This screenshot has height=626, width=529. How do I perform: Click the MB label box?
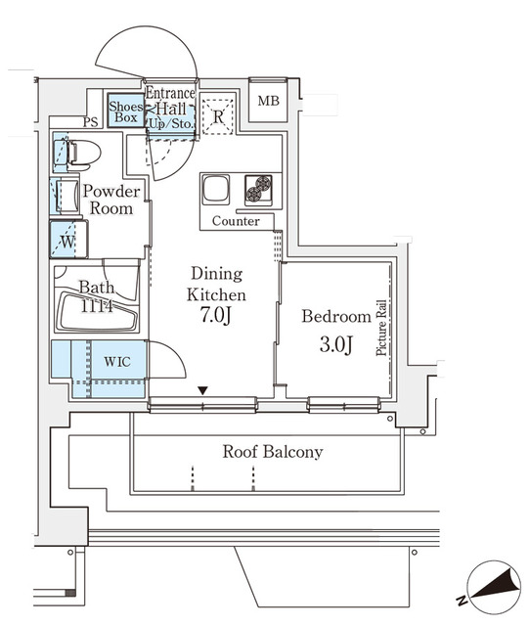266,100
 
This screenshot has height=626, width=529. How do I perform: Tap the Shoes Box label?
125,112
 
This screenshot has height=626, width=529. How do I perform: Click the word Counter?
236,221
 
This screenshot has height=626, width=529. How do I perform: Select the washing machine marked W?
66,239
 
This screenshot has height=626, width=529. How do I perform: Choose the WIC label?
118,360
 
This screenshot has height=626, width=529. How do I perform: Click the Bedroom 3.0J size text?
334,345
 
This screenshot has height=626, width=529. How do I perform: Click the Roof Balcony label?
272,452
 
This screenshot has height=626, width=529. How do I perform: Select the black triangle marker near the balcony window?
202,391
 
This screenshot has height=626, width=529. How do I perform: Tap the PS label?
90,122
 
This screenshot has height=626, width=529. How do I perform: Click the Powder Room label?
110,199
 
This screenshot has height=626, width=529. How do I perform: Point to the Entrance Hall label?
171,102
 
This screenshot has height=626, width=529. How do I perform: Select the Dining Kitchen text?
217,284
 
